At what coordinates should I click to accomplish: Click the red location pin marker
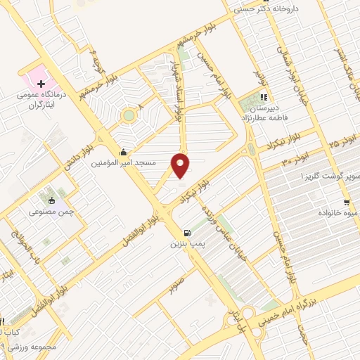(x=181, y=165)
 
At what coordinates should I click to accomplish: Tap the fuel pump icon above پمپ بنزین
(x=186, y=233)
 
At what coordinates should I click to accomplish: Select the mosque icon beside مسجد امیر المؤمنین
(x=124, y=153)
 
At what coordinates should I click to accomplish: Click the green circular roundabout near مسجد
(x=129, y=115)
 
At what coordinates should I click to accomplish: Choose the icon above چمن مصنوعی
(x=51, y=200)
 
